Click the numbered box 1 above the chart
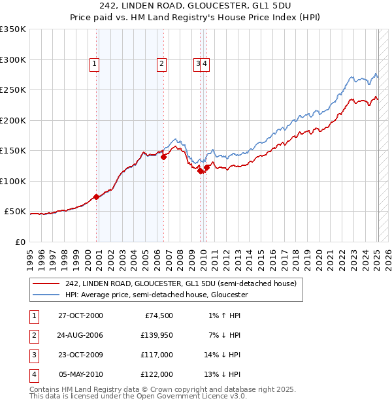click(x=95, y=63)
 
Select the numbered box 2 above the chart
click(x=161, y=63)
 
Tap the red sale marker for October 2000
click(x=96, y=196)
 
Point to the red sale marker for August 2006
click(x=163, y=157)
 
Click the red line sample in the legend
click(x=45, y=283)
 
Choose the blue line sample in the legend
click(x=45, y=295)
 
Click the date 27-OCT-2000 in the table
click(x=80, y=316)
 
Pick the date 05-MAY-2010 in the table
click(x=80, y=374)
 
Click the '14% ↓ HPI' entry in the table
click(x=221, y=355)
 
